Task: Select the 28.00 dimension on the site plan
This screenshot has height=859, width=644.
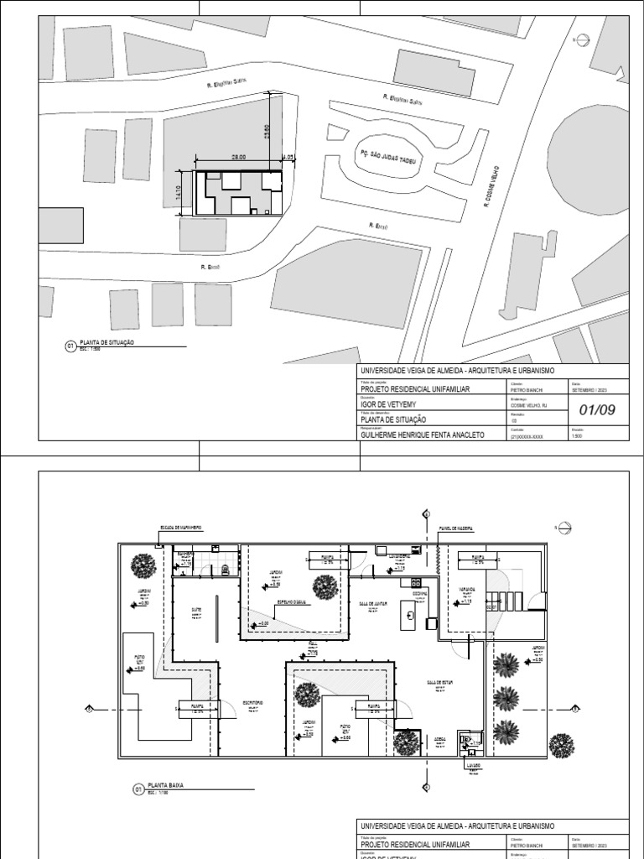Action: tap(239, 157)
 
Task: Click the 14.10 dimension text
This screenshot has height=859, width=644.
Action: tap(178, 194)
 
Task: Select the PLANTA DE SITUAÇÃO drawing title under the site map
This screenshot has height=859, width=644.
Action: tap(106, 343)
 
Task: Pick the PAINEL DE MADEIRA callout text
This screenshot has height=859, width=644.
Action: tap(456, 528)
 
